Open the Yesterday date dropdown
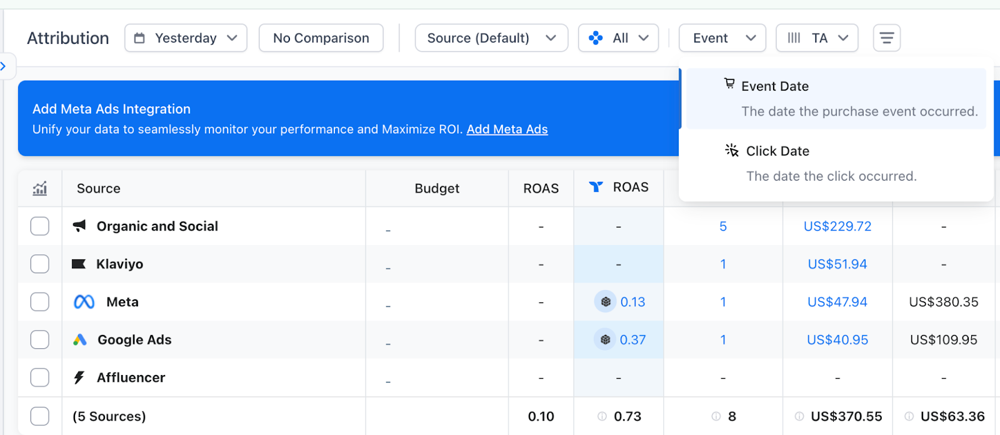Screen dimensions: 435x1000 tap(186, 38)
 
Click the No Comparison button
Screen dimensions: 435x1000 tap(321, 38)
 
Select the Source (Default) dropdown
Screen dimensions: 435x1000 tap(491, 38)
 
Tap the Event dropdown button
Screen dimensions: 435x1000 tap(722, 38)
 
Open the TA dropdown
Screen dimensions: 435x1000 tap(817, 38)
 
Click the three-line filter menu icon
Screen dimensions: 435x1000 tap(886, 38)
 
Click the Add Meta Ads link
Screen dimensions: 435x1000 tap(507, 129)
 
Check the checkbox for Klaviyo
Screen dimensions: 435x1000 tap(40, 264)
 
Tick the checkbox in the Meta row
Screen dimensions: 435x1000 tap(40, 302)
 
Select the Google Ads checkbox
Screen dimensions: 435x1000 tap(40, 340)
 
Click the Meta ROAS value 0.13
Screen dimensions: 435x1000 tap(632, 302)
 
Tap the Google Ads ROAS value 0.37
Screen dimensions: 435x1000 tap(632, 340)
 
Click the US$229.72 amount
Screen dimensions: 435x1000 tap(837, 226)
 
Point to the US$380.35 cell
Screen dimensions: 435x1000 tap(944, 302)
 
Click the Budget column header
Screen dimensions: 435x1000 tap(437, 189)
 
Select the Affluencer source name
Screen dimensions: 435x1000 tap(131, 377)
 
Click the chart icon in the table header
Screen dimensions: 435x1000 tap(40, 188)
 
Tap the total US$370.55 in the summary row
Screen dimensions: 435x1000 tap(846, 416)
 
